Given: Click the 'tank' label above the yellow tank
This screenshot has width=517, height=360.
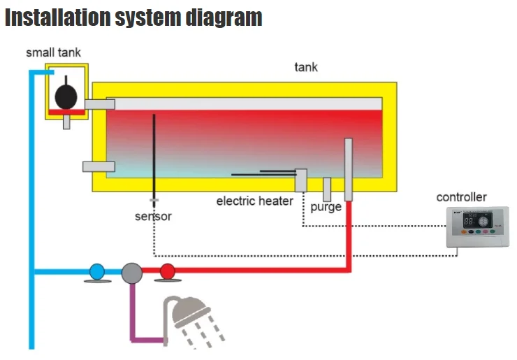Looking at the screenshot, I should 306,67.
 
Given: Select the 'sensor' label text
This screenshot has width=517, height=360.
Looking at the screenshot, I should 153,216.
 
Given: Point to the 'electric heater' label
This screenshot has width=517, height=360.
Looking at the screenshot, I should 254,201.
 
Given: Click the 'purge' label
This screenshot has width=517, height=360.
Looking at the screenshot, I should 326,207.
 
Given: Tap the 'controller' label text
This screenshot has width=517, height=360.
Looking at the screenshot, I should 461,197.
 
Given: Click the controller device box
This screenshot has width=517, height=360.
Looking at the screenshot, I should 479,228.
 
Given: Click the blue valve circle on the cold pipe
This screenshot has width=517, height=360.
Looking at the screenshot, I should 97,271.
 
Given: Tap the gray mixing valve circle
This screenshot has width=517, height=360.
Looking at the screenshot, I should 131,272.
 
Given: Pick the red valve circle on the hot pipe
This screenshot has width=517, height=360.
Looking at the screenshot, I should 167,271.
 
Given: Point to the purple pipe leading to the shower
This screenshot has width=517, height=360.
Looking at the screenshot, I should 132,315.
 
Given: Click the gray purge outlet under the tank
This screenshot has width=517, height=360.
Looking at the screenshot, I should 326,189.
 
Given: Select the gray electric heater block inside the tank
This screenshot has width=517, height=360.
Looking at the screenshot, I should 301,180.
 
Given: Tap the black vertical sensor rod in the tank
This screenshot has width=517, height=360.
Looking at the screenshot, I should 153,154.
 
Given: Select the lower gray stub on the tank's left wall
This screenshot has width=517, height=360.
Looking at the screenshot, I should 99,166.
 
